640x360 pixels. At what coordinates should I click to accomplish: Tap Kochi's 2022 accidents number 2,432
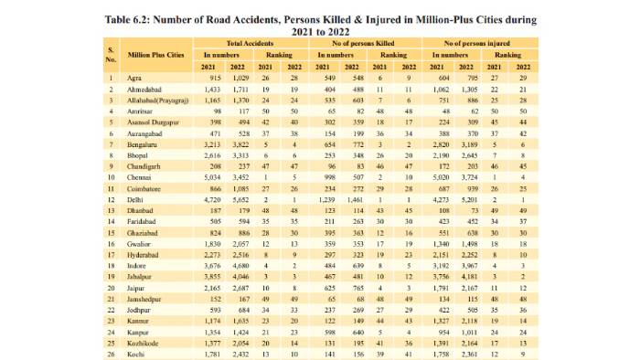click(239, 354)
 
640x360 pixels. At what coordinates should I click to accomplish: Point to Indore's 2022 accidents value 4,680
click(239, 265)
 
